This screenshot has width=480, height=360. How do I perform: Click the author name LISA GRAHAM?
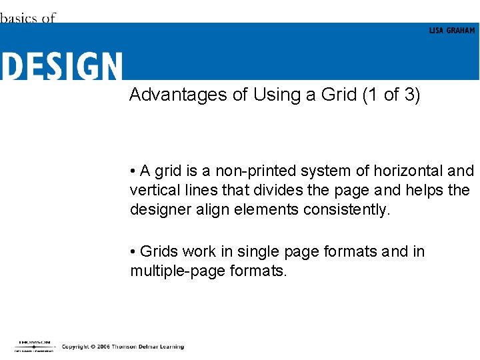pyautogui.click(x=452, y=31)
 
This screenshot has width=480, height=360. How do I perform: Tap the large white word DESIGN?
pyautogui.click(x=61, y=67)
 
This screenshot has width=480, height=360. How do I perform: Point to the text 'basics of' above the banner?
pyautogui.click(x=27, y=18)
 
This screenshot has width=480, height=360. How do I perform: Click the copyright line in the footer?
pyautogui.click(x=123, y=347)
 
